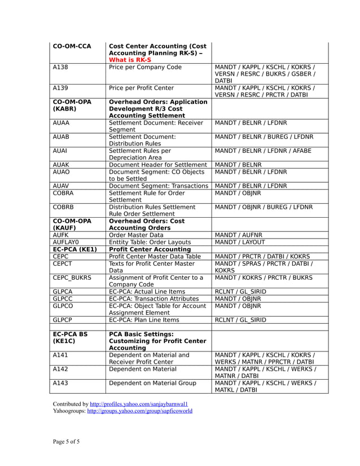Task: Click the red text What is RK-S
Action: [x=130, y=60]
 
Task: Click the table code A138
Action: [x=61, y=67]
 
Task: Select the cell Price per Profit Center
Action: [x=141, y=88]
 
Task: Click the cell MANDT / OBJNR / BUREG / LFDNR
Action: [x=264, y=207]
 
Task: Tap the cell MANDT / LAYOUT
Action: [x=238, y=242]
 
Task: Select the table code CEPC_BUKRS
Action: [x=72, y=278]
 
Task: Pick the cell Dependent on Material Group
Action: [x=152, y=383]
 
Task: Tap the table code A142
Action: [x=61, y=369]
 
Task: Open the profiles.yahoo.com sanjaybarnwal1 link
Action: [x=139, y=404]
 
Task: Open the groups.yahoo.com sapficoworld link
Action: [x=139, y=411]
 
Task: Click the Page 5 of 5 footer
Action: [x=67, y=441]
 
